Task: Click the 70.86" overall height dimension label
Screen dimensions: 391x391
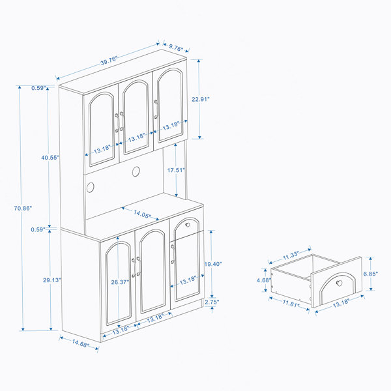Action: click(23, 208)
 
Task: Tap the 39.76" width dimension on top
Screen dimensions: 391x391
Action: click(109, 61)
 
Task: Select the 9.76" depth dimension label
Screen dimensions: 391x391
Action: click(176, 48)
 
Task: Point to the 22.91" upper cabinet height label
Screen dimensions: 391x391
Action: click(201, 99)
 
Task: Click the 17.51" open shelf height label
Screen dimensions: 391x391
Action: click(176, 170)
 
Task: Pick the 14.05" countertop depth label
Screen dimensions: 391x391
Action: click(142, 214)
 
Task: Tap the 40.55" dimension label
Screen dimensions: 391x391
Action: click(50, 158)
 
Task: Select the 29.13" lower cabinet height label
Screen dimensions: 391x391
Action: click(52, 280)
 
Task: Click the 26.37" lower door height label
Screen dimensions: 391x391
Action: click(120, 282)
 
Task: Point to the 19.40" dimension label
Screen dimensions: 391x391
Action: click(213, 264)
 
